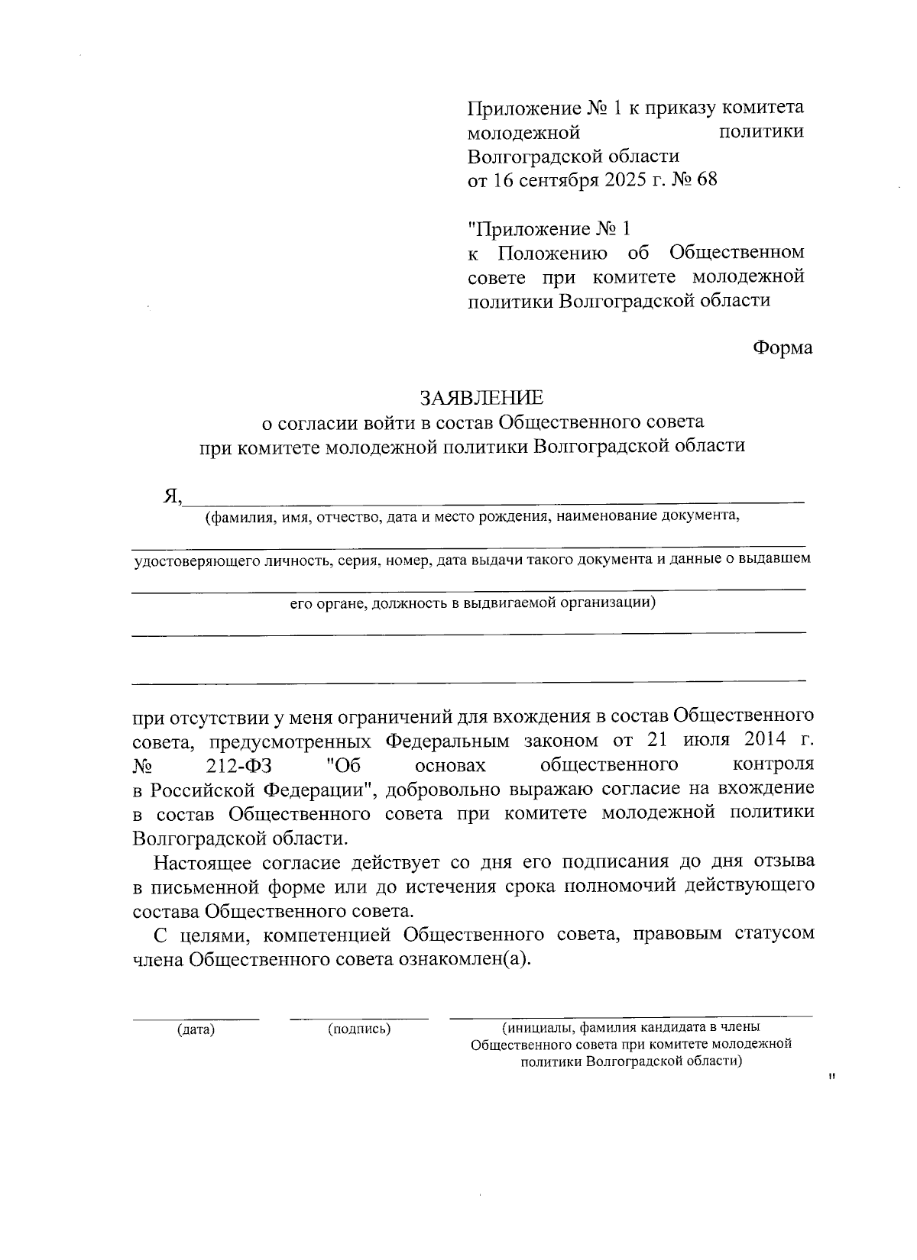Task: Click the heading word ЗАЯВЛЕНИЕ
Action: pos(481,398)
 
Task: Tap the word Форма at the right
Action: pos(783,348)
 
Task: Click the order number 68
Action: pos(707,181)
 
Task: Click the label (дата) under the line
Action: pos(196,1029)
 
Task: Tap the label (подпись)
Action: pos(359,1029)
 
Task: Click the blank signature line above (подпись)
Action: pos(359,1018)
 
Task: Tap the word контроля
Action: pos(773,764)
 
